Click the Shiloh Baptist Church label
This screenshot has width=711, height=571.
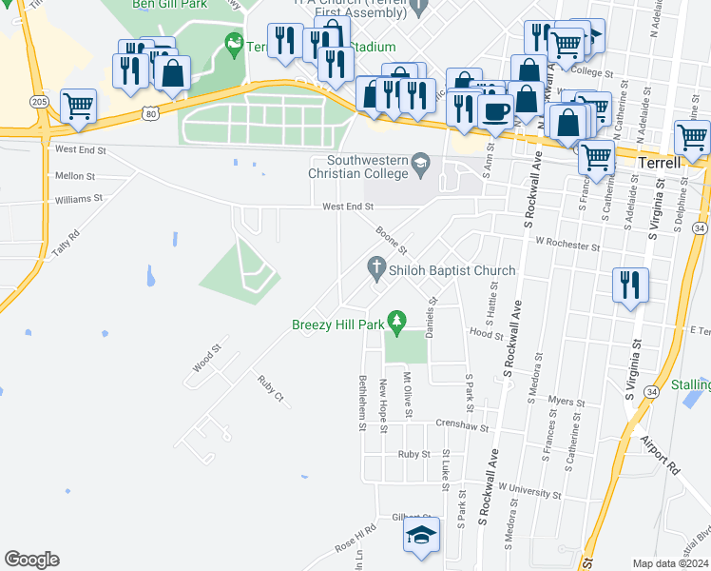click(452, 270)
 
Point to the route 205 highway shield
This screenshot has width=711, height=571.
click(39, 101)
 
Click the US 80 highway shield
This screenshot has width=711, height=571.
click(150, 113)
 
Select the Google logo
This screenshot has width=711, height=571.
click(31, 560)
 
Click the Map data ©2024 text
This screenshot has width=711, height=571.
click(670, 563)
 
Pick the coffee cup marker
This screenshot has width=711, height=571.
click(494, 111)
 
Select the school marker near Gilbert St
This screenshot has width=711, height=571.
click(422, 535)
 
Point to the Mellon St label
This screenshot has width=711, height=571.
click(75, 176)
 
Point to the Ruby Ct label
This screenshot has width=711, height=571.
click(270, 389)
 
